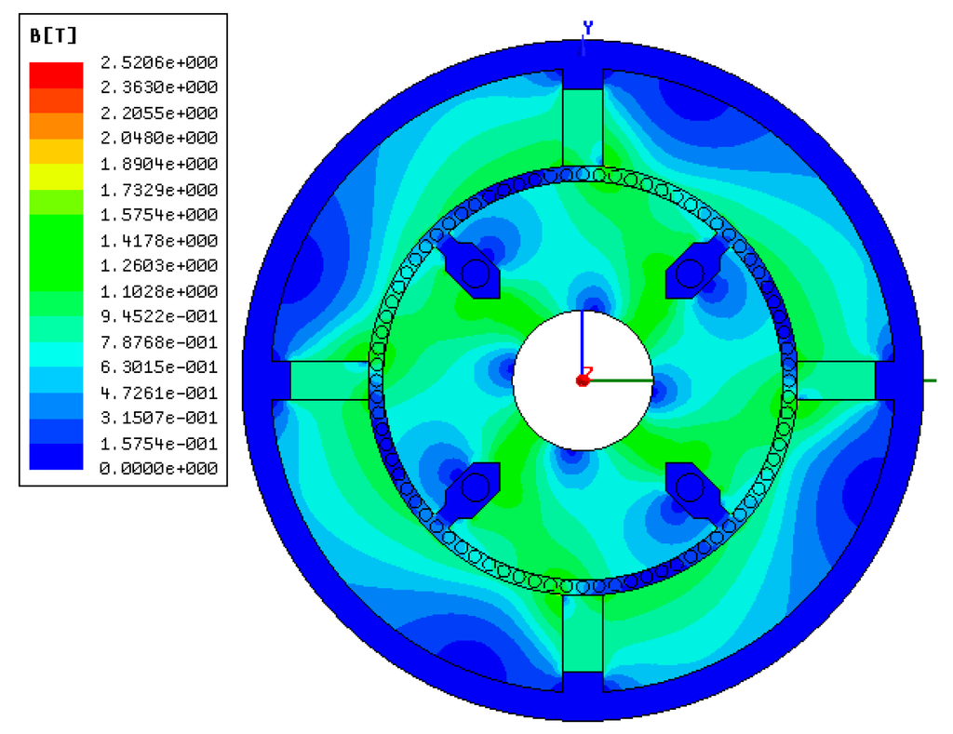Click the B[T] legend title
(x=53, y=36)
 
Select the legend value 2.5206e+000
(x=159, y=62)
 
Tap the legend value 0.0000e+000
(x=159, y=469)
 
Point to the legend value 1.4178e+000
(x=159, y=241)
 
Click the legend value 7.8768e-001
(x=159, y=342)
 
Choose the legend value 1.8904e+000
(x=159, y=164)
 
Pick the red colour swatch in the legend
(x=56, y=75)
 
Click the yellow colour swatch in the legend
(x=56, y=177)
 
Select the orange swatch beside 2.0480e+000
(x=56, y=126)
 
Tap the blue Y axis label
(x=588, y=27)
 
